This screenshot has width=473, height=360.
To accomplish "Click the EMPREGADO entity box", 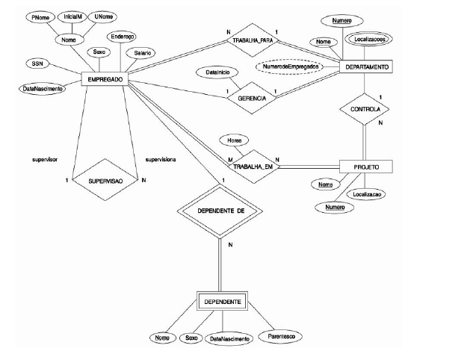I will [x=105, y=80].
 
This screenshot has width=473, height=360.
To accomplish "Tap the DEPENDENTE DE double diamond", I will [x=221, y=211].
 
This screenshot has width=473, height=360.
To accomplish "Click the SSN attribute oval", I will [x=36, y=64].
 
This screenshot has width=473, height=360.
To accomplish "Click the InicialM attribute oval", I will [x=73, y=16].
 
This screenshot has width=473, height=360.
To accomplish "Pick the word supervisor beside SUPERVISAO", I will [x=46, y=160].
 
